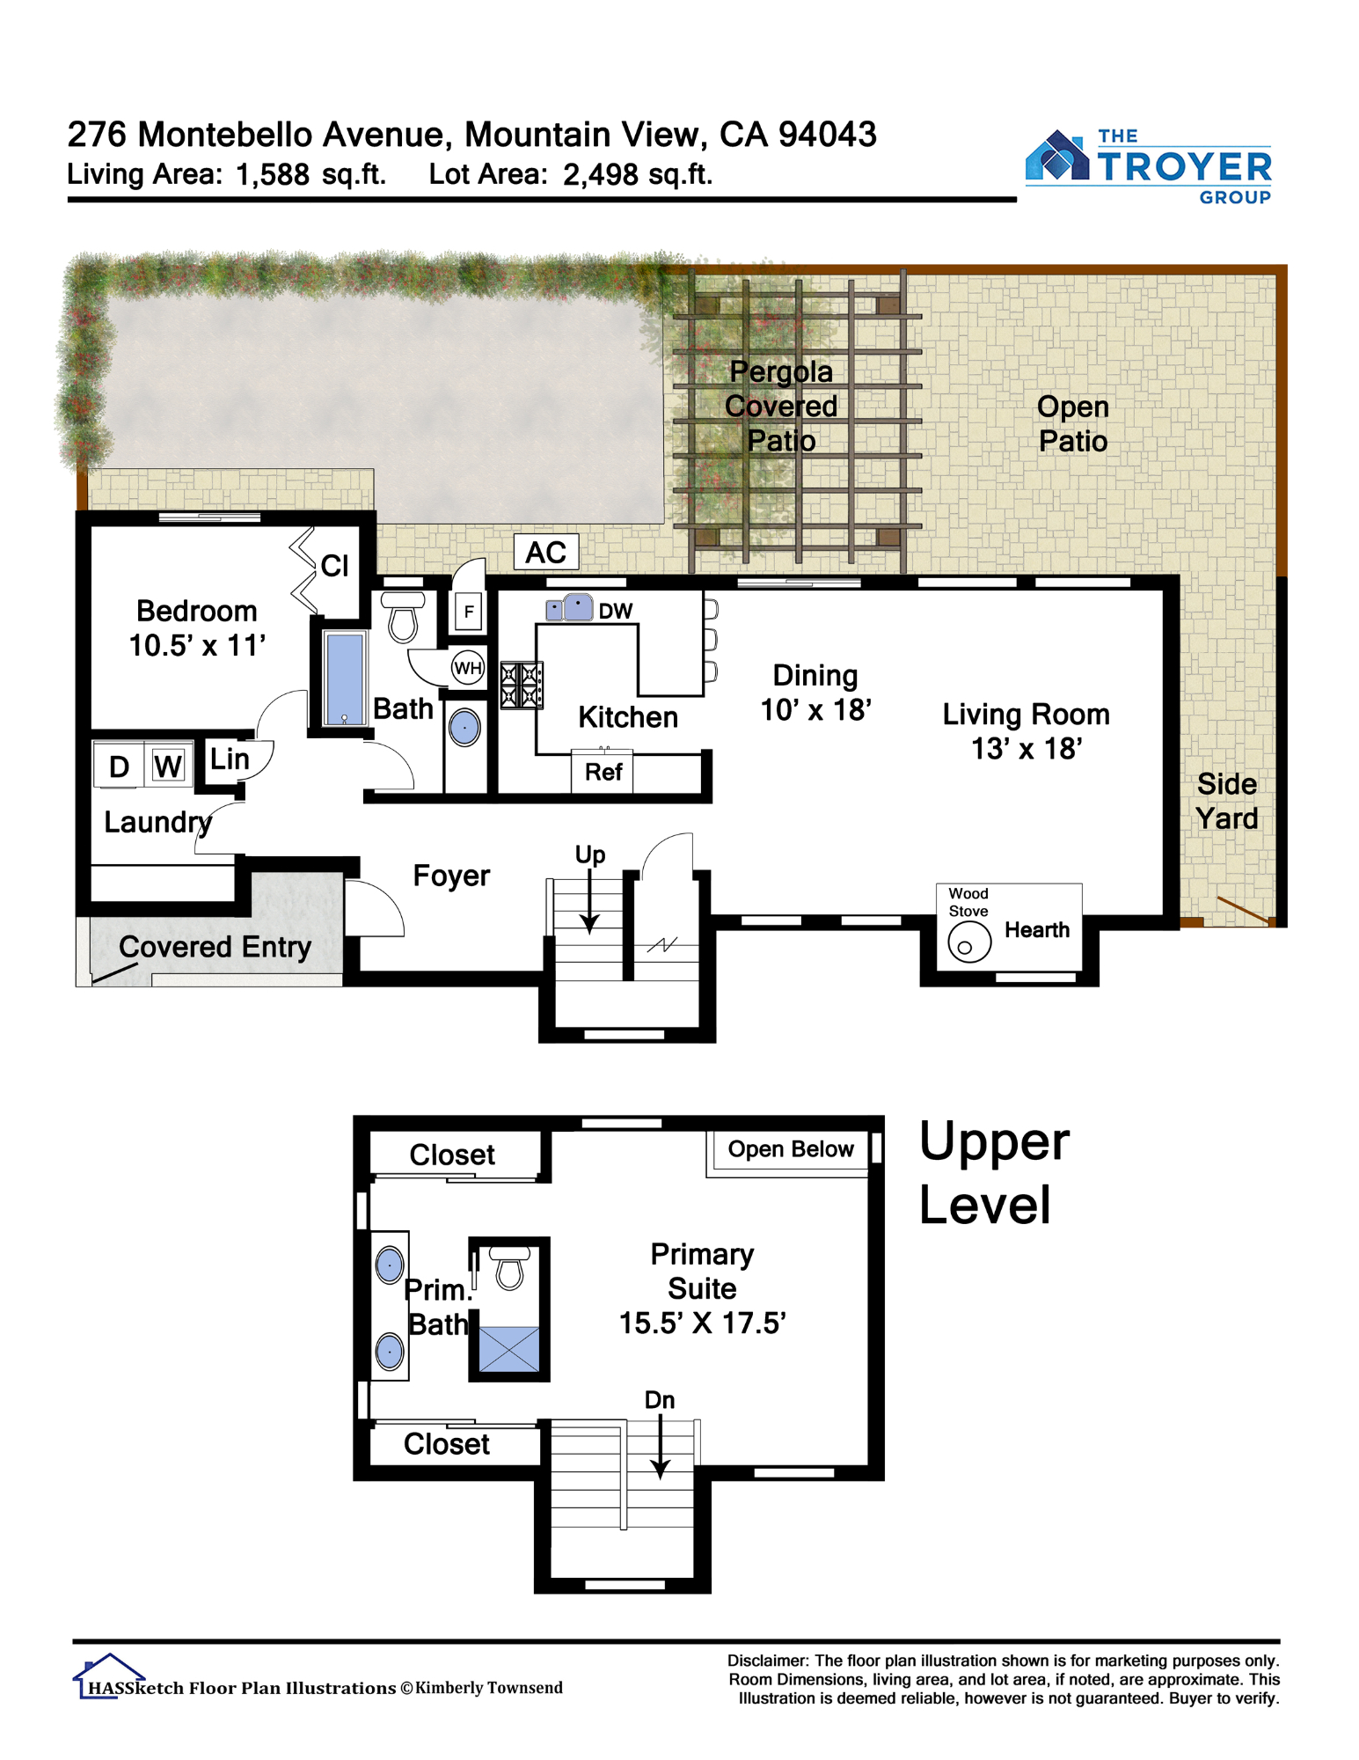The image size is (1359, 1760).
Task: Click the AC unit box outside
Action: (x=545, y=552)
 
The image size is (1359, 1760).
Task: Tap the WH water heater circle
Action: (x=467, y=668)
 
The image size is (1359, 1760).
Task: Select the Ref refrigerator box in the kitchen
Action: (x=603, y=772)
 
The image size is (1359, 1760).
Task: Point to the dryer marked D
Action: (x=119, y=766)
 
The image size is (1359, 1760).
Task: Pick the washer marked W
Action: (x=168, y=766)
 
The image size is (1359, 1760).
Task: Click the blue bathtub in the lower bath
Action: (x=344, y=678)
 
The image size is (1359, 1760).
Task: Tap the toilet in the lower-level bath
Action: (x=403, y=617)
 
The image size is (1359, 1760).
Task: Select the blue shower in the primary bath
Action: (x=508, y=1348)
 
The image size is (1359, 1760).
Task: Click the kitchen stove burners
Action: (x=521, y=686)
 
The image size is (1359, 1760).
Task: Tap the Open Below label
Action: (x=790, y=1149)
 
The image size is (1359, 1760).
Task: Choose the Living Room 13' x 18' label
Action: (x=1026, y=731)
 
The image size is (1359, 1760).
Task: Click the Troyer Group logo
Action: (x=1148, y=166)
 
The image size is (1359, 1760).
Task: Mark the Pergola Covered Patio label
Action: (x=781, y=406)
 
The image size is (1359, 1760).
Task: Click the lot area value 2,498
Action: (x=601, y=175)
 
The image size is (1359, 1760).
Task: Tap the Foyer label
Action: (x=451, y=876)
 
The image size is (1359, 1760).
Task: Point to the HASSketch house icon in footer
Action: (x=107, y=1676)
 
